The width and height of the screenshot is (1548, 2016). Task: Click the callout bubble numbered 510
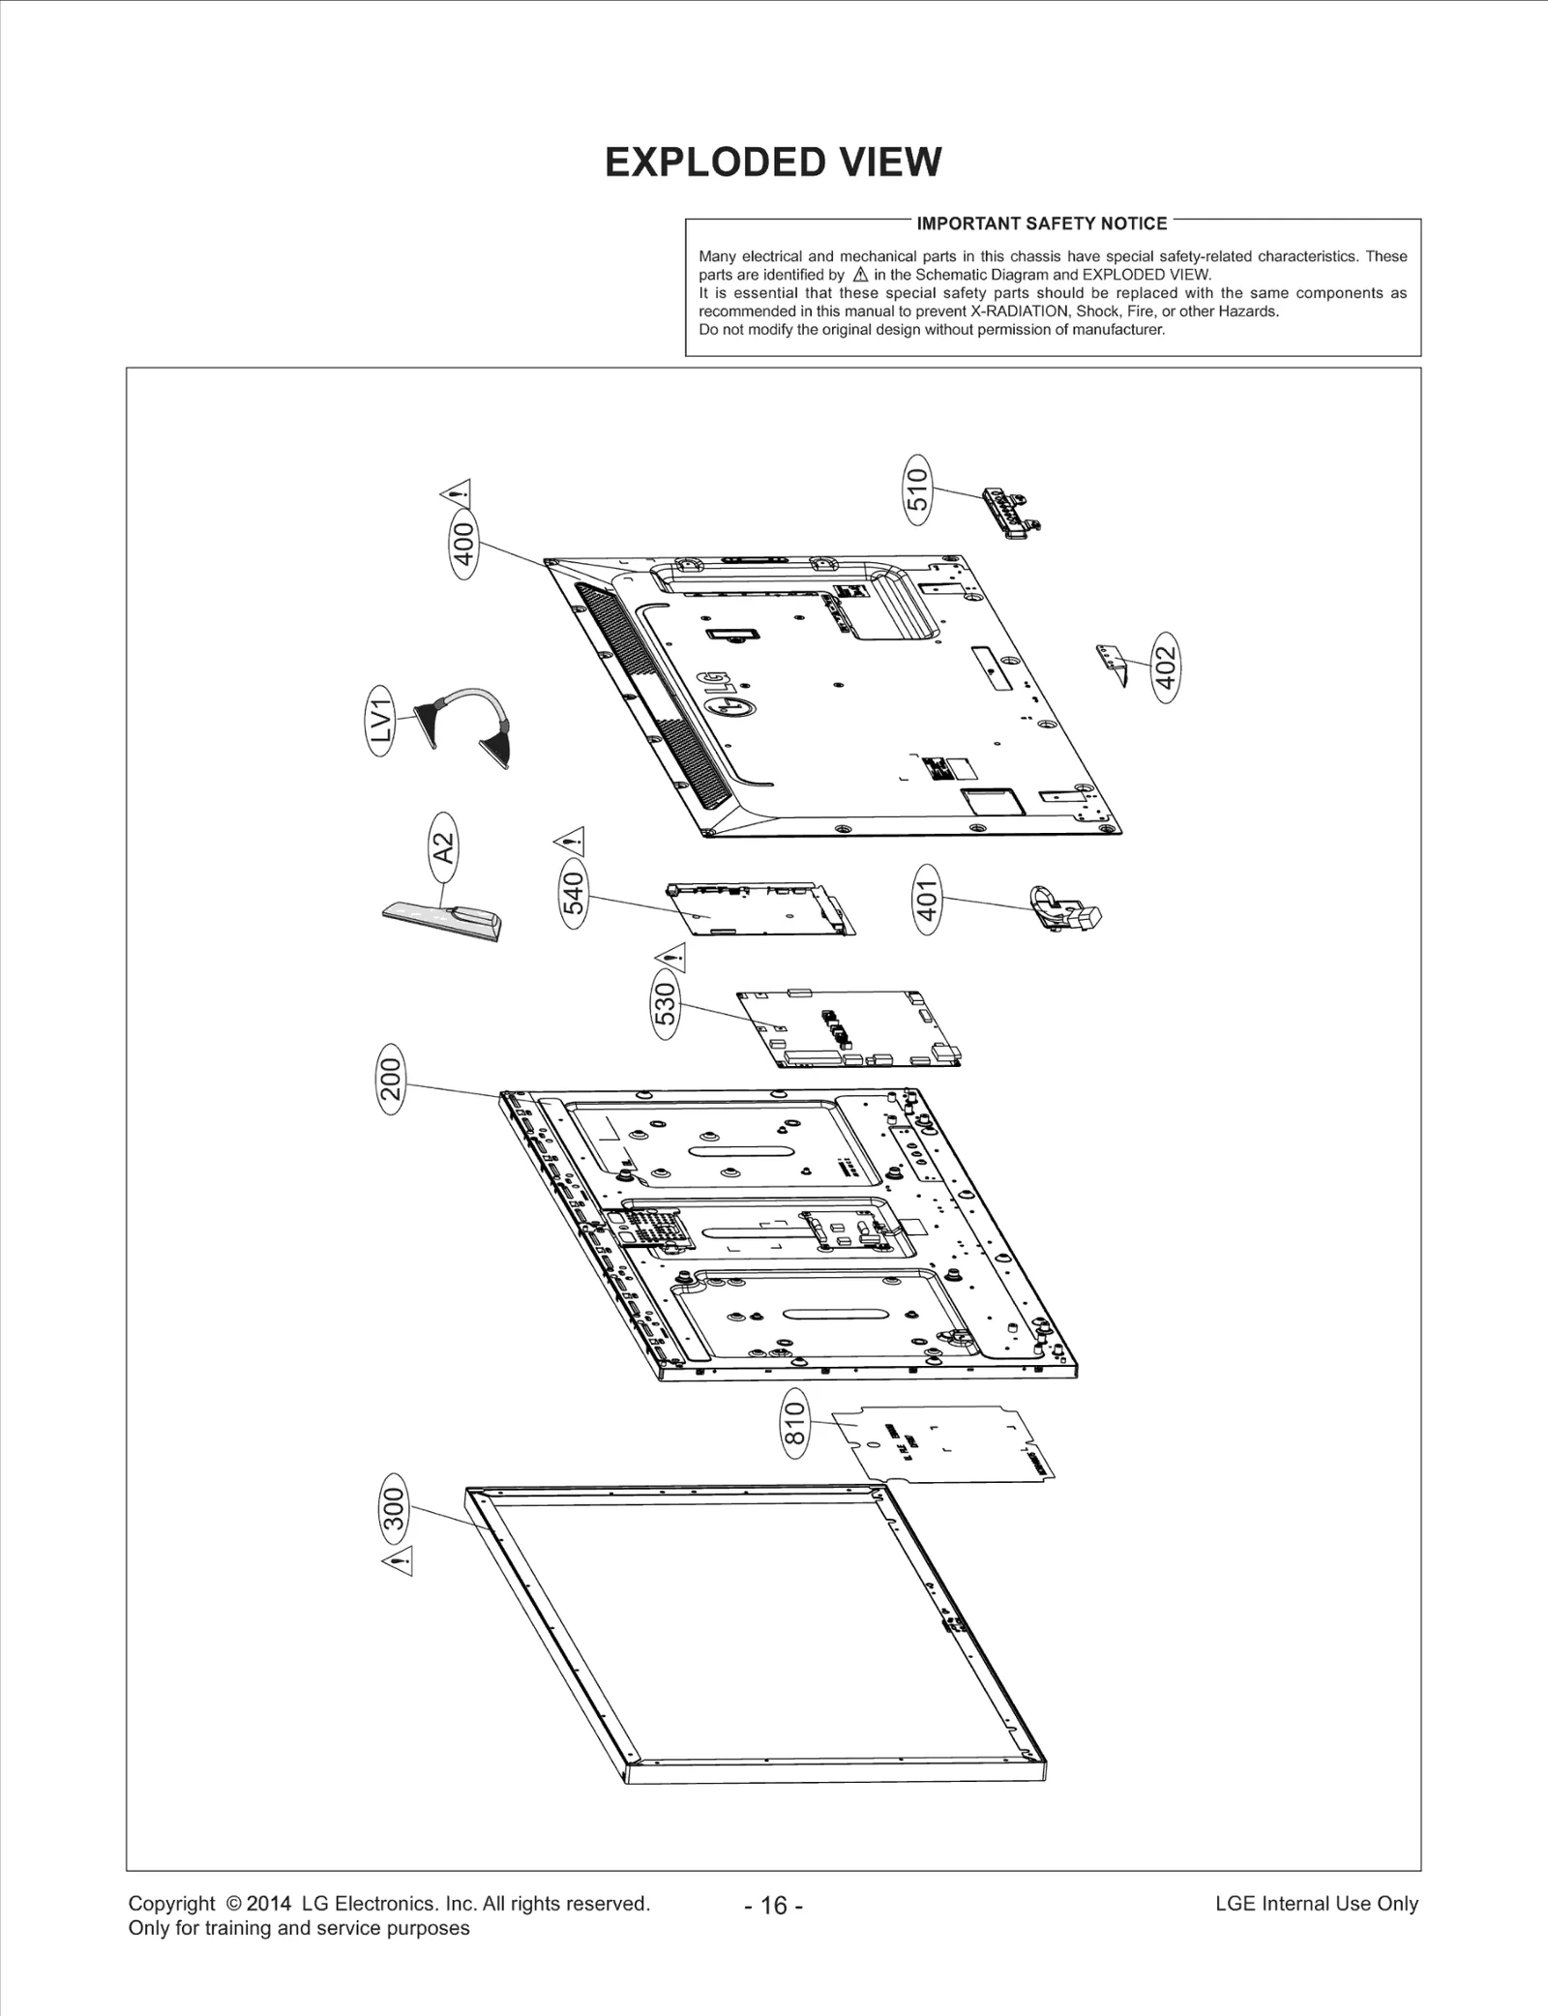click(916, 489)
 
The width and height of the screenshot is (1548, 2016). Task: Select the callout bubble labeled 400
click(464, 548)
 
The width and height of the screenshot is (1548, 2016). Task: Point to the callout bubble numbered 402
click(1167, 667)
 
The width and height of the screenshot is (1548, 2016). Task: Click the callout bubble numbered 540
click(574, 893)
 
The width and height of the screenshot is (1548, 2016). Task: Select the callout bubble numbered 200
click(390, 1080)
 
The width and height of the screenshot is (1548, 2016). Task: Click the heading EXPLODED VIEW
click(773, 163)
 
